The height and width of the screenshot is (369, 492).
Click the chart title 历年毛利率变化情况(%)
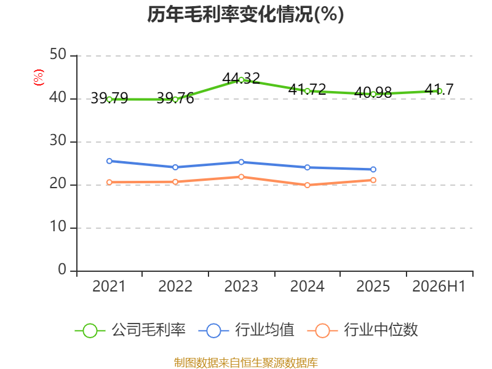point(245,14)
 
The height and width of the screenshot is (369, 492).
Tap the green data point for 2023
point(241,80)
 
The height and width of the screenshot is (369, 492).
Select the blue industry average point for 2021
point(109,161)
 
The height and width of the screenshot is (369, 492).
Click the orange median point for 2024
point(307,185)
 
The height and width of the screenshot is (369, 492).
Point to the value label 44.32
point(241,79)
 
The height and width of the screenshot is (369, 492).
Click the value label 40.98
point(373,92)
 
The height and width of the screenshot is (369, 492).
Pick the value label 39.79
point(109,98)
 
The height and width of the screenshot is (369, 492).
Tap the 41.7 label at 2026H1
point(439,89)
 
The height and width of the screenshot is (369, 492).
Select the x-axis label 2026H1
point(439,286)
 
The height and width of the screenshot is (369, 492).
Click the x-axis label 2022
point(175,286)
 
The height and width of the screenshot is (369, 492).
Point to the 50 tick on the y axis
point(58,55)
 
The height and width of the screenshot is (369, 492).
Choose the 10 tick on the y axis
point(58,226)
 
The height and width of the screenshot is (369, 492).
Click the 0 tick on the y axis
point(62,269)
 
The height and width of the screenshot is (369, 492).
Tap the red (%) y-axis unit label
point(39,77)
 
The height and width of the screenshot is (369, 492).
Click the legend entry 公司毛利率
point(130,330)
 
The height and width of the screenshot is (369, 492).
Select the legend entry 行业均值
point(247,330)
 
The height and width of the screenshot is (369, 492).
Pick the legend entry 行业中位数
point(363,330)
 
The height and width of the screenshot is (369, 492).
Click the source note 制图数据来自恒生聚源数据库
point(245,363)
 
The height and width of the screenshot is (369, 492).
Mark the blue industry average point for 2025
point(373,170)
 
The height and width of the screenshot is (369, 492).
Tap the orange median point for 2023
point(241,177)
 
